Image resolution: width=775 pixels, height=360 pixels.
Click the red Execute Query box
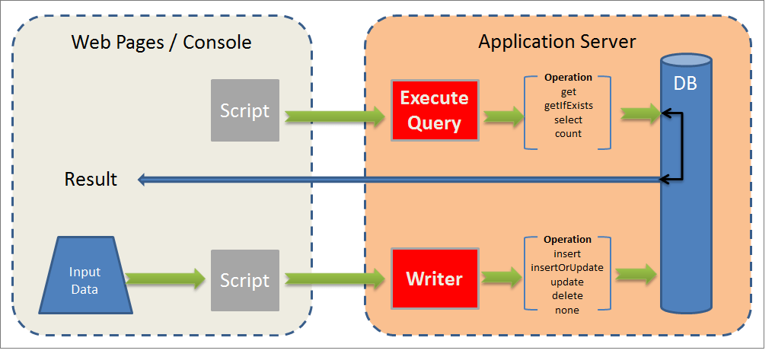pos(434,110)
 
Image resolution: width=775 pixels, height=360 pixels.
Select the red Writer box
pos(434,279)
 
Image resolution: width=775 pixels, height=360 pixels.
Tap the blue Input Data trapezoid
pos(85,279)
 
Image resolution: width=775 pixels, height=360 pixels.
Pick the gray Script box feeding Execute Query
pos(244,110)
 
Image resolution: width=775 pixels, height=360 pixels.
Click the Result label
pos(91,179)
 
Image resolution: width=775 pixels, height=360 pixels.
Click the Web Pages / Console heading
pos(161,42)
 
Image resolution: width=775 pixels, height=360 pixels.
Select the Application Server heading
pos(557,41)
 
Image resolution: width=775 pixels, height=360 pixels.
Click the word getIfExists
pos(568,106)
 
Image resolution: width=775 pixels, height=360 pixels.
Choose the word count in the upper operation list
pos(568,133)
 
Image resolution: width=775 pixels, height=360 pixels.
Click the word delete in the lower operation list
pos(567,296)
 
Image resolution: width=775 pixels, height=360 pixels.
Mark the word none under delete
pos(567,310)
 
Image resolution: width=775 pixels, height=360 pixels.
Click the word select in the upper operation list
pos(568,119)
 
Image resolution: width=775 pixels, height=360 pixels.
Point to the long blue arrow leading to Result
pos(396,180)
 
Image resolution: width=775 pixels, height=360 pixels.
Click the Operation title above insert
pos(567,240)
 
